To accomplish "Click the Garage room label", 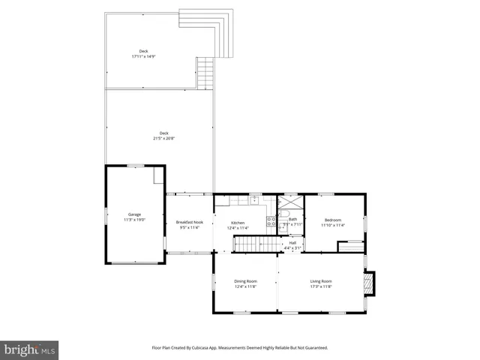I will pyautogui.click(x=135, y=214).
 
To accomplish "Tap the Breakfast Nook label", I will pyautogui.click(x=189, y=222).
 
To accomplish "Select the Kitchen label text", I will pyautogui.click(x=238, y=223).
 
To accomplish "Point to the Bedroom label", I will pyautogui.click(x=333, y=220).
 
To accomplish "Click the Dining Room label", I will pyautogui.click(x=245, y=281).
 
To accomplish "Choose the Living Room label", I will pyautogui.click(x=321, y=281).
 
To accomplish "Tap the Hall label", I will pyautogui.click(x=292, y=242).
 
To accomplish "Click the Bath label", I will pyautogui.click(x=292, y=219).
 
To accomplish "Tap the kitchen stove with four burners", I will pyautogui.click(x=271, y=222).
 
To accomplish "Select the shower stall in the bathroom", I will pyautogui.click(x=289, y=204).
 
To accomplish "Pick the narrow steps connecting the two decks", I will pyautogui.click(x=205, y=73).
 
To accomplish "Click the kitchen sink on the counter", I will pyautogui.click(x=255, y=200).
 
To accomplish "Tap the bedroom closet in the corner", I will pyautogui.click(x=350, y=246).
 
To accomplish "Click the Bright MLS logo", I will pyautogui.click(x=29, y=349).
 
